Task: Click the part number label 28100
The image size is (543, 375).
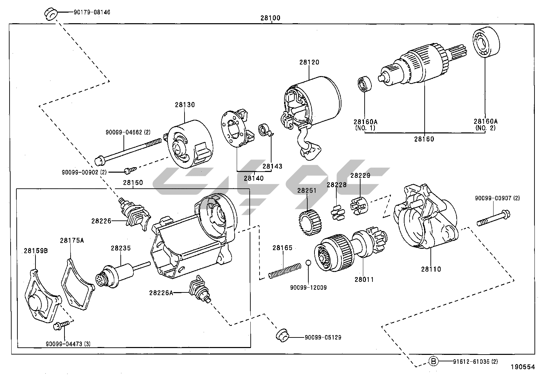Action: coord(270,18)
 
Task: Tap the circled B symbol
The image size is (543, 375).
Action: coord(433,361)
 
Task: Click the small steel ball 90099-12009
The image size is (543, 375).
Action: coord(308,262)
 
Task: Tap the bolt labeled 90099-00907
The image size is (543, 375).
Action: coord(493,218)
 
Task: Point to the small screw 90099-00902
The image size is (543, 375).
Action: coord(130,169)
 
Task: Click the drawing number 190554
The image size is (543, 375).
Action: coord(523,367)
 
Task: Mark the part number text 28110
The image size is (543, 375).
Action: coord(431,269)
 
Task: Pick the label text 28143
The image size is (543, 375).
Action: coord(272,167)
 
